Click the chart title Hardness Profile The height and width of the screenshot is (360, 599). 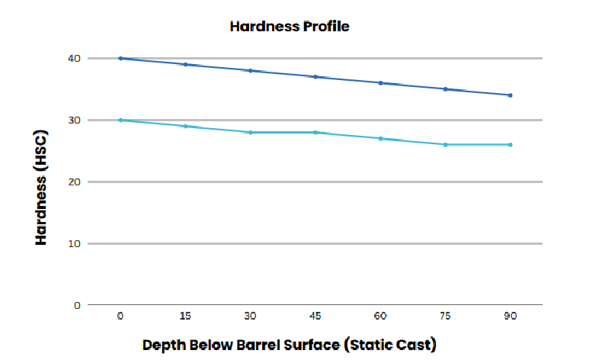coord(289,27)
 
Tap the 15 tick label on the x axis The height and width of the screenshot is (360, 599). coord(185,315)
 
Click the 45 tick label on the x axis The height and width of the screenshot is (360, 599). coord(315,315)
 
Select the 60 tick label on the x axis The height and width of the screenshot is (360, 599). coord(380,315)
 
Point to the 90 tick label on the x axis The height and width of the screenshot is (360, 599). coord(510,315)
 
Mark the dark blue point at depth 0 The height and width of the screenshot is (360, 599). coord(120,58)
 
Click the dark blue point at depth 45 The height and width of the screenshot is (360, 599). coord(315,76)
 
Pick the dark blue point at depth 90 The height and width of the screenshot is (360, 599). coord(510,95)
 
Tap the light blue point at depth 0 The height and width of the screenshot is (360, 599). coord(120,120)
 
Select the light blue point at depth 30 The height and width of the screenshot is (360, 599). coord(250,132)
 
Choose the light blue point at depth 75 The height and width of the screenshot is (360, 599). coord(445,144)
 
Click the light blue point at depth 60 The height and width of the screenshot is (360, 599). coord(380,138)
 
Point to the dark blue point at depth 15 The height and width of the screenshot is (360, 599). coord(185,64)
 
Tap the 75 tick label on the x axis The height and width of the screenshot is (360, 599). coord(445,315)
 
